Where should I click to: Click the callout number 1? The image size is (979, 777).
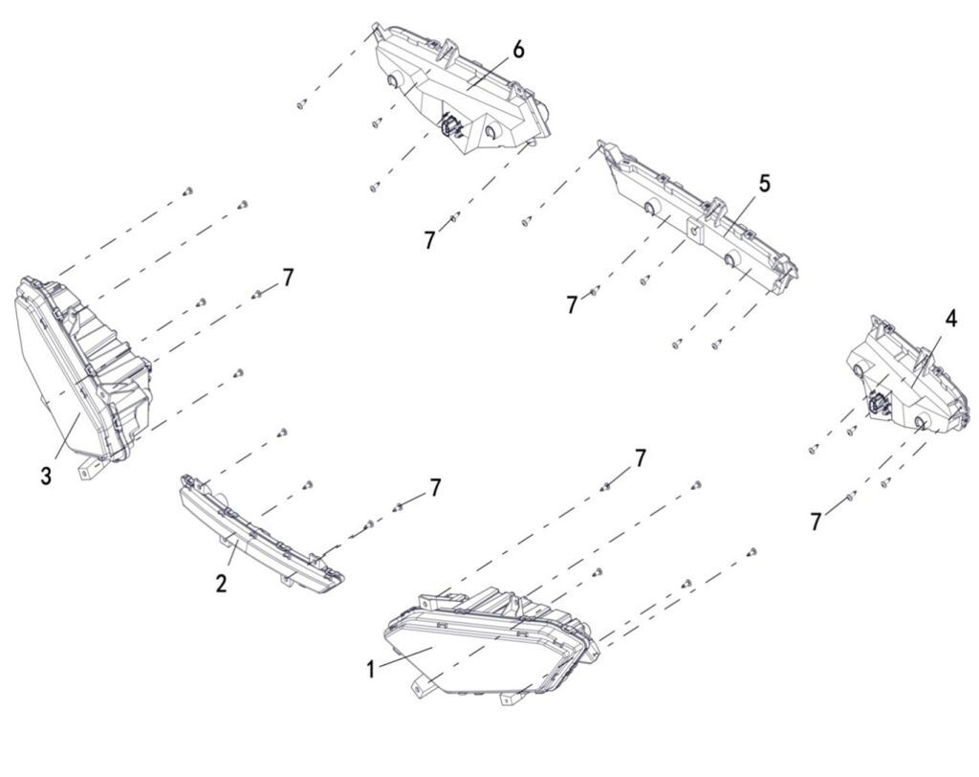coord(371,670)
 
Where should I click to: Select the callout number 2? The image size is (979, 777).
coord(222,583)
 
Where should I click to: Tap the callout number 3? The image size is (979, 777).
coord(46,477)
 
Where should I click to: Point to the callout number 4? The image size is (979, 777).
coord(950,319)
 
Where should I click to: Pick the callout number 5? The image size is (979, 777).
coord(764,183)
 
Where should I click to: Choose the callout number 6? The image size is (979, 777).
coord(519,50)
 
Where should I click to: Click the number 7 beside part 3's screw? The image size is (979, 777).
coord(287,277)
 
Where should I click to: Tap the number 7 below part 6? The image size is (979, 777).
coord(429,240)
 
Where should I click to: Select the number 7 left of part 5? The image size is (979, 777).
coord(572,305)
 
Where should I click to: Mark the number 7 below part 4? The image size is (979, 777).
coord(816,522)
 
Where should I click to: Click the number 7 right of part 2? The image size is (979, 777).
coord(435,487)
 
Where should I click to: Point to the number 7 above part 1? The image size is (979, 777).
coord(640,457)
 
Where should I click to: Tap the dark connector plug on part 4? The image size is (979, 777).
coord(876,405)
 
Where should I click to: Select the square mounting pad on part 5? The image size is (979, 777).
coord(696,231)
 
